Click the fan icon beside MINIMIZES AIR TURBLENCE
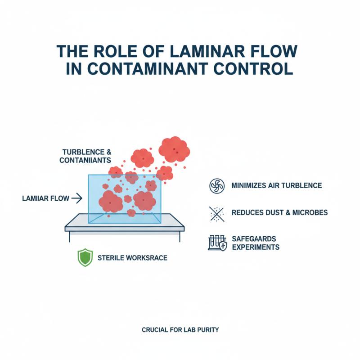(216, 186)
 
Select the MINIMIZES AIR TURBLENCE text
(277, 186)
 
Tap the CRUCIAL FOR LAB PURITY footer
(180, 330)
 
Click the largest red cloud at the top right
(174, 149)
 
